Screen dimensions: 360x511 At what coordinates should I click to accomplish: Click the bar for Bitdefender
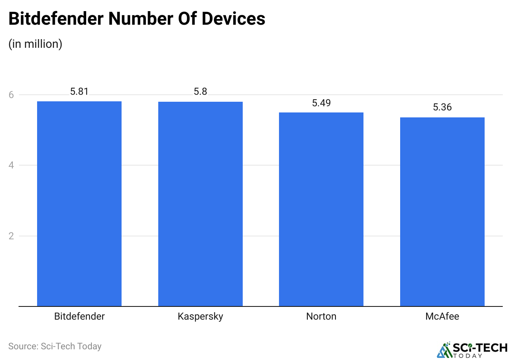tap(79, 204)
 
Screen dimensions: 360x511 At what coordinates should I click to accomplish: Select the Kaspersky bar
tap(200, 204)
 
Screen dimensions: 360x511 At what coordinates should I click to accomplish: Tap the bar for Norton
tap(321, 209)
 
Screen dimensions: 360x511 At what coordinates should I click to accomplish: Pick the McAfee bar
tap(442, 212)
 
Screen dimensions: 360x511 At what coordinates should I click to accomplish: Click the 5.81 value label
tap(79, 91)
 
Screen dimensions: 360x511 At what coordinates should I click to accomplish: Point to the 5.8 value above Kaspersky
tap(200, 91)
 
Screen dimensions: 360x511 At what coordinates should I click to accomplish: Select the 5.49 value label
tap(321, 103)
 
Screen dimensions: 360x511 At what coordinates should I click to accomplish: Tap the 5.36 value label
tap(442, 108)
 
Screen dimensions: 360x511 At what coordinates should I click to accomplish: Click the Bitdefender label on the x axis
tap(80, 316)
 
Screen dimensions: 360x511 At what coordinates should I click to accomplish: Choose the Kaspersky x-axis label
tap(200, 316)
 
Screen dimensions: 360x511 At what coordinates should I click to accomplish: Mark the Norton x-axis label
tap(321, 316)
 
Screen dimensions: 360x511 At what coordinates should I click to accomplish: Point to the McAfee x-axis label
tap(442, 316)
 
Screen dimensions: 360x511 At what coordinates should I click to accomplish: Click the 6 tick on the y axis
tap(11, 95)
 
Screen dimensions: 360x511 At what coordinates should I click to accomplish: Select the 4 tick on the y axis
tap(11, 166)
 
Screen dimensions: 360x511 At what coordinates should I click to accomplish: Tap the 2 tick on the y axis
tap(11, 236)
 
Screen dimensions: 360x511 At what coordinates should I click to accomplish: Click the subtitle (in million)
tap(35, 44)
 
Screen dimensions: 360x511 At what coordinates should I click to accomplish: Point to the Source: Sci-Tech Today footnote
tap(55, 346)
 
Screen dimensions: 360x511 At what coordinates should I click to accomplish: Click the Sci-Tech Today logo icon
tap(444, 350)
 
